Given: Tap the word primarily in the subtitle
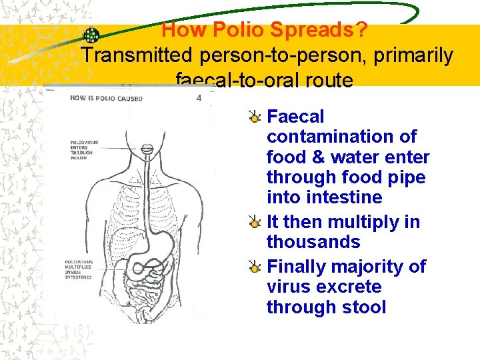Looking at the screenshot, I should click(413, 56).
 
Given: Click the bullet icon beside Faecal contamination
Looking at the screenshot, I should click(255, 117).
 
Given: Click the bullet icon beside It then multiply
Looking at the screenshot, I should click(255, 222).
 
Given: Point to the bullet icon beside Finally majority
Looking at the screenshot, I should click(255, 267).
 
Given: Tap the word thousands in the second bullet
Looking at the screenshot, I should click(313, 241).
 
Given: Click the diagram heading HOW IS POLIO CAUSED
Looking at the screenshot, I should click(106, 99).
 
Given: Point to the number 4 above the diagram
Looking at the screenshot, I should click(199, 98).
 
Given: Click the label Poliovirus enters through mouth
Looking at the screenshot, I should click(81, 151).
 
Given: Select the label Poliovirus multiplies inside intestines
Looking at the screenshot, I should click(79, 269).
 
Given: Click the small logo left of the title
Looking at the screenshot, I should click(91, 35).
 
